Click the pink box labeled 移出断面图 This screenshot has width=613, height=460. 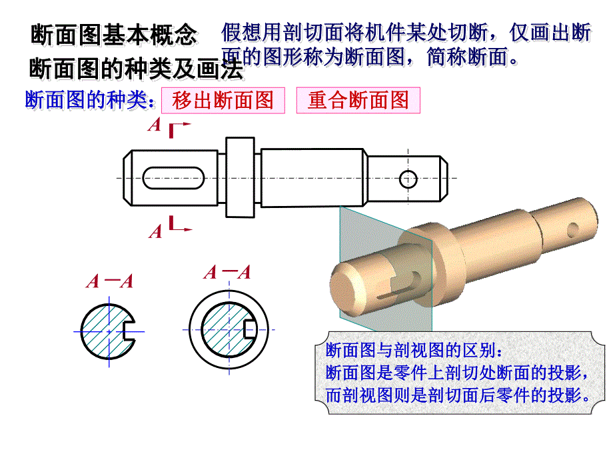(x=223, y=101)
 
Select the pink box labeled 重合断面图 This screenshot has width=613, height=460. (x=358, y=101)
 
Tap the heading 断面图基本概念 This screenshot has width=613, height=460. (x=113, y=35)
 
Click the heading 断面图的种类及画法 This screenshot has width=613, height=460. (x=137, y=69)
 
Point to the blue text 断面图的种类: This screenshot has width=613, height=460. (x=89, y=100)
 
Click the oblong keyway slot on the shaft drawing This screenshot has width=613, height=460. (x=174, y=178)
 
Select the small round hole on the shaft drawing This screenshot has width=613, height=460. (x=408, y=179)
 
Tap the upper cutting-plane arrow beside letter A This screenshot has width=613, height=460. (x=179, y=129)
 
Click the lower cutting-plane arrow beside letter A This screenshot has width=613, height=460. (x=180, y=224)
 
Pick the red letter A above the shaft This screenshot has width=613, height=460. (x=155, y=125)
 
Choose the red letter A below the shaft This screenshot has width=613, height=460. (x=155, y=231)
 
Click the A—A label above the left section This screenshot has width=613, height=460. (x=109, y=281)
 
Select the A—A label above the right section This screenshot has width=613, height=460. (x=227, y=272)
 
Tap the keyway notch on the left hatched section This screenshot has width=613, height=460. (x=129, y=331)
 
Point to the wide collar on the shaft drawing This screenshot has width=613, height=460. (x=240, y=177)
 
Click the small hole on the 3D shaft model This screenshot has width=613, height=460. (x=572, y=231)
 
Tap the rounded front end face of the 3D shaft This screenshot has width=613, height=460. (x=343, y=287)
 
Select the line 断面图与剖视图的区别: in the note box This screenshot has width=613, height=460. (x=414, y=350)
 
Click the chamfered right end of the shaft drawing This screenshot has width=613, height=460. (x=444, y=179)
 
